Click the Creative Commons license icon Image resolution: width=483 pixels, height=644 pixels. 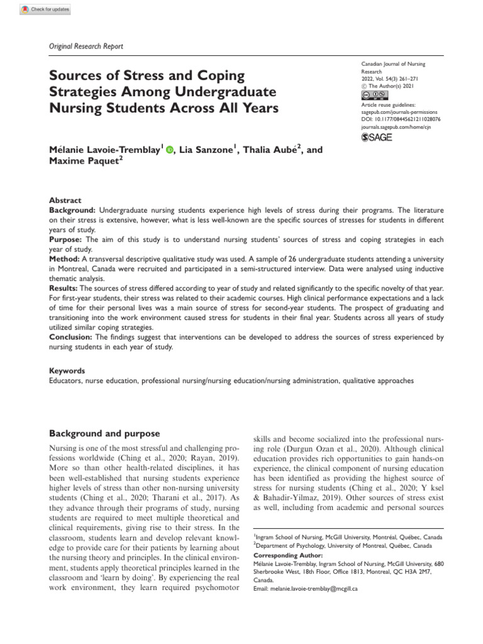[x=370, y=94]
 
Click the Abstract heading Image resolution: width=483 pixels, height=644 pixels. [x=65, y=182]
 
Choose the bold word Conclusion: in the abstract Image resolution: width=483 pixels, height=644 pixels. [x=71, y=337]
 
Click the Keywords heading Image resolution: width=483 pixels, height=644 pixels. [x=67, y=371]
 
